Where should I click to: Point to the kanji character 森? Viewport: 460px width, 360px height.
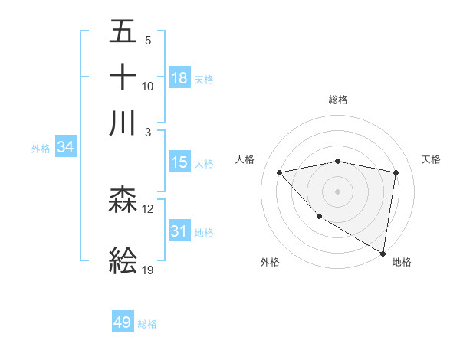pos(123,201)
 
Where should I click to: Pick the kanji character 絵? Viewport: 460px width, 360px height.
pos(123,261)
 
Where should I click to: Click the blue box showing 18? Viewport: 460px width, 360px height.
pos(179,77)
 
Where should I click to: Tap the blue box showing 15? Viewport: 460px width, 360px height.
pos(179,162)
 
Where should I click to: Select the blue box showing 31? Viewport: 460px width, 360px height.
pos(179,231)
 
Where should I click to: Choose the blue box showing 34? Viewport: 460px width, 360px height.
pos(65,148)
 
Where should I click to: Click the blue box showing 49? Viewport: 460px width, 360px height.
pos(123,322)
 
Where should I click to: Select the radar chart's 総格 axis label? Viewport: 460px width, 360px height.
pos(337,100)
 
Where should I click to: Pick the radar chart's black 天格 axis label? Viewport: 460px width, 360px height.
pos(432,159)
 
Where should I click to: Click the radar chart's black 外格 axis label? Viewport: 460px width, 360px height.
pos(270,262)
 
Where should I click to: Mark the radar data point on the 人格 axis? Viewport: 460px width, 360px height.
pos(280,172)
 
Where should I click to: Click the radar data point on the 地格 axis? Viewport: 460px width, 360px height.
pos(383,253)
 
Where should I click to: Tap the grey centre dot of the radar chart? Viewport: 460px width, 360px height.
pos(337,191)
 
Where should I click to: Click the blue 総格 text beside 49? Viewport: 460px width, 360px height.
pos(147,324)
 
